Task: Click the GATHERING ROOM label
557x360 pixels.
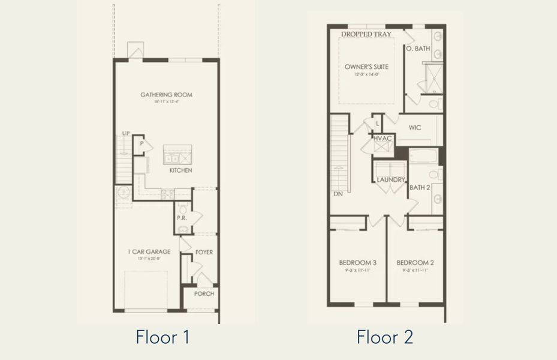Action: click(166, 95)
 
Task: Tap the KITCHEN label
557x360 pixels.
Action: click(180, 171)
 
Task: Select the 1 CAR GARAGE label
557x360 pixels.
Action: click(149, 252)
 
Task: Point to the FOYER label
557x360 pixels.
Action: click(204, 253)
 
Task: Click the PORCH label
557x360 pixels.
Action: click(204, 293)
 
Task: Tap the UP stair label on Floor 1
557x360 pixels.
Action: click(126, 133)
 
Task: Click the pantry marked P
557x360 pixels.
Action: click(141, 145)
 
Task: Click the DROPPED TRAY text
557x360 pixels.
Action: click(366, 34)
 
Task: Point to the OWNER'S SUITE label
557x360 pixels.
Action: click(366, 67)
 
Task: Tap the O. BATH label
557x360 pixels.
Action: click(418, 49)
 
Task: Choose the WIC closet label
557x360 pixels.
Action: click(415, 128)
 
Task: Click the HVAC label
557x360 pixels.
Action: click(383, 139)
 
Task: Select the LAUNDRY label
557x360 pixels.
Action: click(391, 180)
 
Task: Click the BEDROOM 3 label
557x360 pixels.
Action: click(357, 263)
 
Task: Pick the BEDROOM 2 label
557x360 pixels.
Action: click(415, 263)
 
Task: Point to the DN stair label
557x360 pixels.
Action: click(338, 194)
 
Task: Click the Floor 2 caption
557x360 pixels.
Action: click(384, 337)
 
